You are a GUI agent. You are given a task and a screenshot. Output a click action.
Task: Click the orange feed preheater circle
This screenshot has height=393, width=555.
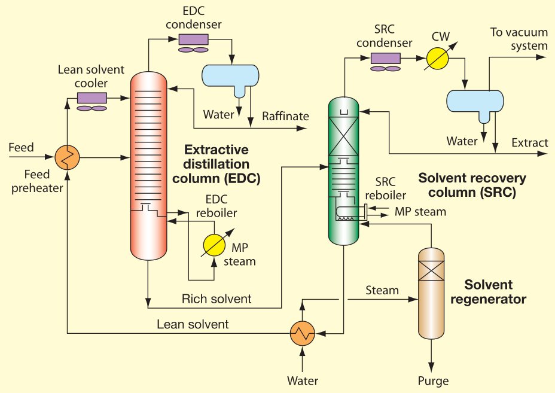coord(68,158)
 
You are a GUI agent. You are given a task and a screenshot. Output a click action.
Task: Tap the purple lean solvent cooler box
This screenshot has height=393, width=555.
coord(92,98)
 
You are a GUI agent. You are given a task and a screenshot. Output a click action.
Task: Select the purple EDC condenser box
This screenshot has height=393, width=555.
coord(193,39)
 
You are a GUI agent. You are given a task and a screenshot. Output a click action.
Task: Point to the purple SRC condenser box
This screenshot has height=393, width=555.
coord(385,58)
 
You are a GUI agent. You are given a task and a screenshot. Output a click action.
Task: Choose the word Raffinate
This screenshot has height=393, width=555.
coord(285,115)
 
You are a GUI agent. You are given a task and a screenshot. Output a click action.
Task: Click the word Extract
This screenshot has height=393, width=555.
coord(530,143)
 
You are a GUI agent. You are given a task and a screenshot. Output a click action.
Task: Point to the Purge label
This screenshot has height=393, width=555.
coord(432,380)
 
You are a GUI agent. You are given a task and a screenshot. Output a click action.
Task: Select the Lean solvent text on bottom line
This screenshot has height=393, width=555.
coord(193,325)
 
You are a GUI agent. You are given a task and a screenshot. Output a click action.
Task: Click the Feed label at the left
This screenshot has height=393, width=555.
coord(22,147)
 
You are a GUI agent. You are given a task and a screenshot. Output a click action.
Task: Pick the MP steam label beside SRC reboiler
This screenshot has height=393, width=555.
coord(420,211)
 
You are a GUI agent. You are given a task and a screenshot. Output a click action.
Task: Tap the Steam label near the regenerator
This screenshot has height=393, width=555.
coord(382,291)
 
